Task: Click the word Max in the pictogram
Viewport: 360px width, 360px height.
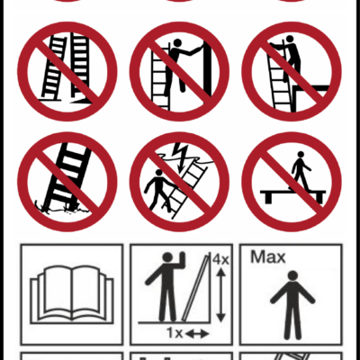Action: [x=267, y=257]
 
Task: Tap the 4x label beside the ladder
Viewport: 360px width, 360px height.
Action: [x=220, y=259]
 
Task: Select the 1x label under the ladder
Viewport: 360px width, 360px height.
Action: [x=175, y=333]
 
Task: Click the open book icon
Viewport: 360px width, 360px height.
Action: [x=72, y=294]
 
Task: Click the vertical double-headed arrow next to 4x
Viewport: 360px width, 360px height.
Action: [x=221, y=295]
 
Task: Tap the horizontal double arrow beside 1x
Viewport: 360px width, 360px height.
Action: [x=196, y=333]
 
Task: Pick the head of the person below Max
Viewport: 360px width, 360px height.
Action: [x=292, y=275]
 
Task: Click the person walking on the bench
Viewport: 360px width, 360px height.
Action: [x=299, y=170]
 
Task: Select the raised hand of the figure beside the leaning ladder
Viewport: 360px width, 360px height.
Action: [x=182, y=257]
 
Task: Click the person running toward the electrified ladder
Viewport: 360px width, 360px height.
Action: [x=157, y=190]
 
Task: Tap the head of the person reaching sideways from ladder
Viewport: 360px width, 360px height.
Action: [x=177, y=43]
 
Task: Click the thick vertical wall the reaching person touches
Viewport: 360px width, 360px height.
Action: [x=207, y=69]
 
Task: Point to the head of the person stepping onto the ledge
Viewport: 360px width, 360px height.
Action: [x=290, y=39]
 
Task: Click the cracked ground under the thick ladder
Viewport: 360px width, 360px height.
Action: [x=62, y=209]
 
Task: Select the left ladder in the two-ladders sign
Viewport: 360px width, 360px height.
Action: [x=54, y=67]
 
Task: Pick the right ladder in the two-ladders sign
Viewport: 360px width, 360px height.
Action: [x=80, y=67]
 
